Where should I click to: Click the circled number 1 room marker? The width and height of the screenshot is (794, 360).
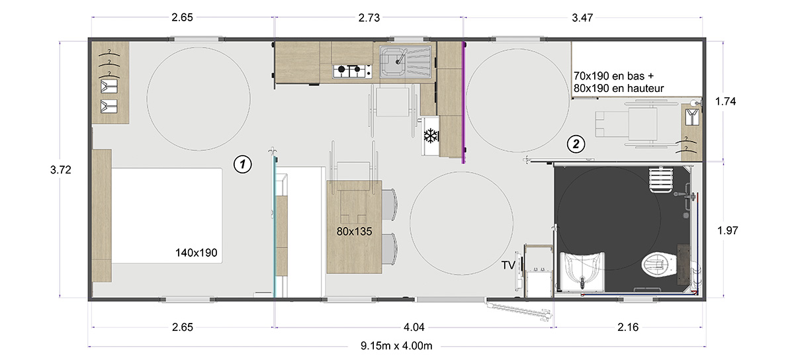(x=242, y=164)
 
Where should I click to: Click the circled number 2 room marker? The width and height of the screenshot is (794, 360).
(x=576, y=144)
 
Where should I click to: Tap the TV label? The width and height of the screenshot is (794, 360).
(x=508, y=265)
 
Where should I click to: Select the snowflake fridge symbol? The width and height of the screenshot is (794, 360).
(x=431, y=136)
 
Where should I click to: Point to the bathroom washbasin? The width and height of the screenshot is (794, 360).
(x=582, y=271)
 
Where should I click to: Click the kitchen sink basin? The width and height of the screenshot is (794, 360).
(x=392, y=62)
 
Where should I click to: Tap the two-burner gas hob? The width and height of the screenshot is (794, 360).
(x=352, y=71)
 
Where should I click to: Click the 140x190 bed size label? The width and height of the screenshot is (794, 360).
(x=196, y=253)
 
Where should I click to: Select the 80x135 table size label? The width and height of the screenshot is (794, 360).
(x=354, y=231)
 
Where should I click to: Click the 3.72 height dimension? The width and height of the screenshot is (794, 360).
(x=61, y=170)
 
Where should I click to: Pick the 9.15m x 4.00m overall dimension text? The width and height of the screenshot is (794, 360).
(x=396, y=346)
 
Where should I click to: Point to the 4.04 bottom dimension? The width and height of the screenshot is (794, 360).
(x=414, y=327)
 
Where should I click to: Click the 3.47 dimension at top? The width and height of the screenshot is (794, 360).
(x=582, y=18)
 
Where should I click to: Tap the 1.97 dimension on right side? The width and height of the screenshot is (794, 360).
(x=728, y=230)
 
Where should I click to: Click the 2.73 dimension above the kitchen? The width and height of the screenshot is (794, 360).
(x=369, y=18)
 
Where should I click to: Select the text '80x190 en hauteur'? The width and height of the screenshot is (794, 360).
(x=619, y=88)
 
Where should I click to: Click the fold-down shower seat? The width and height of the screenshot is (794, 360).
(x=661, y=180)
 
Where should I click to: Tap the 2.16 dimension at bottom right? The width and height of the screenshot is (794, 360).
(x=628, y=327)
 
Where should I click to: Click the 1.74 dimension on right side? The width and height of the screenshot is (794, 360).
(x=725, y=101)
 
